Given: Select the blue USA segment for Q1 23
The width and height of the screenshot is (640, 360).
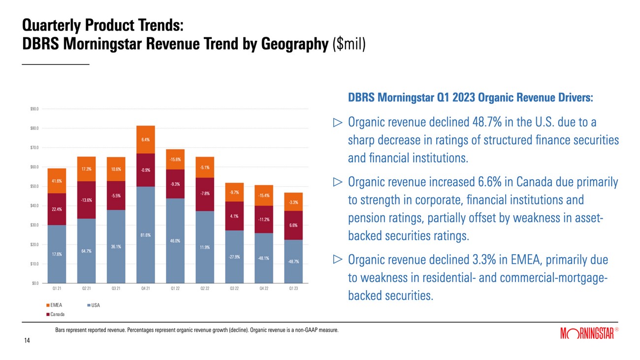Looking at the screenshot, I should [x=292, y=262].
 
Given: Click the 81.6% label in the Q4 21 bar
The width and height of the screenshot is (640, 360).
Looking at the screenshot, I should [x=146, y=234].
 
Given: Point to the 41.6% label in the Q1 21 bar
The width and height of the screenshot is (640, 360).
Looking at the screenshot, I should [x=57, y=181].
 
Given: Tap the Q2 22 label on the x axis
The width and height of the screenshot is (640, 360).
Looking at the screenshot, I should [x=204, y=289].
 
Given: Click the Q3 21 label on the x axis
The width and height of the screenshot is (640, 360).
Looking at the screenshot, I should [x=116, y=289].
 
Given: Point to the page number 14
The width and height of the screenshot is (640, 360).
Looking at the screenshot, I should [x=27, y=340].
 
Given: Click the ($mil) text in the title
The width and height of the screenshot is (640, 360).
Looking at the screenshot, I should [x=349, y=44].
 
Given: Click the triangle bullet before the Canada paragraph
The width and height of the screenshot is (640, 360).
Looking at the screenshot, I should [x=337, y=182].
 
